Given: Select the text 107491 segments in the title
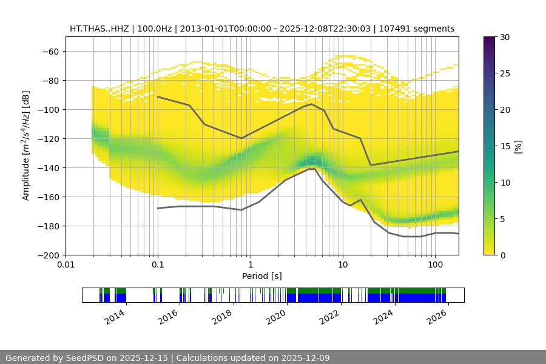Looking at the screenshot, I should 421,29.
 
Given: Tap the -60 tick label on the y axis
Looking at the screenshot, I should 50,51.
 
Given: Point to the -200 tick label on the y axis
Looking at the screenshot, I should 48,255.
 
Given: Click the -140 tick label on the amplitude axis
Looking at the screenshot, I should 48,167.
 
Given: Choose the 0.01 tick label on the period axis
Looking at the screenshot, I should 66,265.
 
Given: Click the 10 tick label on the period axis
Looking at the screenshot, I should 342,265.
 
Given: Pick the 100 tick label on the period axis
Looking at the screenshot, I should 435,265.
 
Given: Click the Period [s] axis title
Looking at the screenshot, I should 262,276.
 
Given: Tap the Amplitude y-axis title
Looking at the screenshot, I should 25,146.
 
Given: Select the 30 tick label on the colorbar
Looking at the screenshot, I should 505,37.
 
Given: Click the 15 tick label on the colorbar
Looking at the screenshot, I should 505,146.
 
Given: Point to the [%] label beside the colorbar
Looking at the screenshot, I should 518,146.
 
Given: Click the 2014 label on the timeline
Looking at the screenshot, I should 115,317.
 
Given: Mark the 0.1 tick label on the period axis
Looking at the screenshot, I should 158,265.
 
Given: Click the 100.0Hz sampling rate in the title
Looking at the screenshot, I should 153,29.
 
